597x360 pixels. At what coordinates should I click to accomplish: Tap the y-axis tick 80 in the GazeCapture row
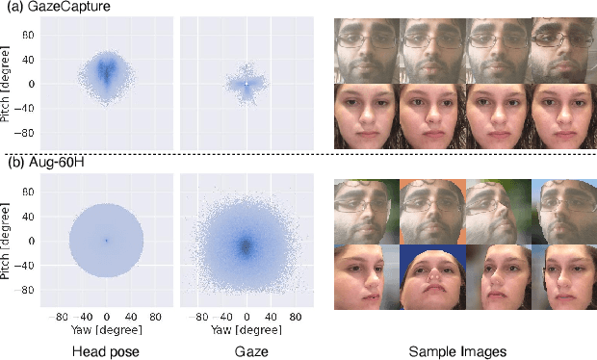29,34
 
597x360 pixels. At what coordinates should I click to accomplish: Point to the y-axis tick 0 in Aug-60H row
32,241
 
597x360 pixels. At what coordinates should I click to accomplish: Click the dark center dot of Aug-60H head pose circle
106,241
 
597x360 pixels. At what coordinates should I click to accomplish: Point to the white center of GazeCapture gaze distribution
247,84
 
